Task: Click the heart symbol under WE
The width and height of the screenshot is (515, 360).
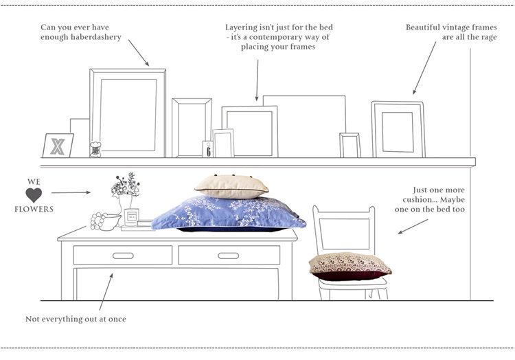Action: point(34,195)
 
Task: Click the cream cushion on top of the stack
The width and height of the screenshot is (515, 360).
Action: point(231,185)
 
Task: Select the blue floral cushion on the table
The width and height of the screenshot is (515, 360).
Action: point(228,213)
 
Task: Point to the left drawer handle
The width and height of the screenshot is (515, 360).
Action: point(123,256)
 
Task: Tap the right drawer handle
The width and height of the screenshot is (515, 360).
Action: point(229,256)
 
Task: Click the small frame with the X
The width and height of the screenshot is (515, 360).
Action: point(58,146)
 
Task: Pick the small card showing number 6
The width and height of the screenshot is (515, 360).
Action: point(207,149)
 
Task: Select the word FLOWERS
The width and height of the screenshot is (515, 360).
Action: point(34,209)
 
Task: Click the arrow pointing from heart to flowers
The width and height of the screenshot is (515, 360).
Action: point(71,192)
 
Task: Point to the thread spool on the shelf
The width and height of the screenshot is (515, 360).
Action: point(95,149)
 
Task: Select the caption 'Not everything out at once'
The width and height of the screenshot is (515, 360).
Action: point(76,319)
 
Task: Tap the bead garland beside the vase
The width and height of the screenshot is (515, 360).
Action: point(101,221)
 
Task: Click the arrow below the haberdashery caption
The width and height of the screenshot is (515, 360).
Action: point(138,52)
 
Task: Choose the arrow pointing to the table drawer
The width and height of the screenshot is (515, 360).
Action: point(105,291)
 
